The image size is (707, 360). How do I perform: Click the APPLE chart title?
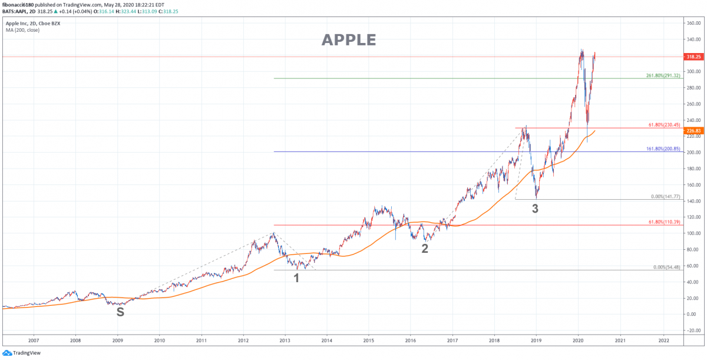(348, 39)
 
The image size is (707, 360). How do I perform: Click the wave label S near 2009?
(120, 312)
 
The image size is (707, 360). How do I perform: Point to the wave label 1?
(296, 277)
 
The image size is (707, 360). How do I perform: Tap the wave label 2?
(424, 249)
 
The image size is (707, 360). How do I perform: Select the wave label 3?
(535, 207)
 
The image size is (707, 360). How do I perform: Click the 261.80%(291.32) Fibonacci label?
(663, 75)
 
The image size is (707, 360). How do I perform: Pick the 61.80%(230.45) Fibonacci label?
(664, 125)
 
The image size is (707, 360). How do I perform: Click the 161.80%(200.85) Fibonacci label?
(663, 148)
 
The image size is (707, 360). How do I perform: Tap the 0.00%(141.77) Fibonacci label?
(665, 197)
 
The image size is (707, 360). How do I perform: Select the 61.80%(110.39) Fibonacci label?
(664, 222)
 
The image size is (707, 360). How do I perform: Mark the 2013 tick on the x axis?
(285, 341)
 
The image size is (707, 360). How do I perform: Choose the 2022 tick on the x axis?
(663, 341)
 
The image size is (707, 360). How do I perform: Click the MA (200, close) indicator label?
(23, 29)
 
